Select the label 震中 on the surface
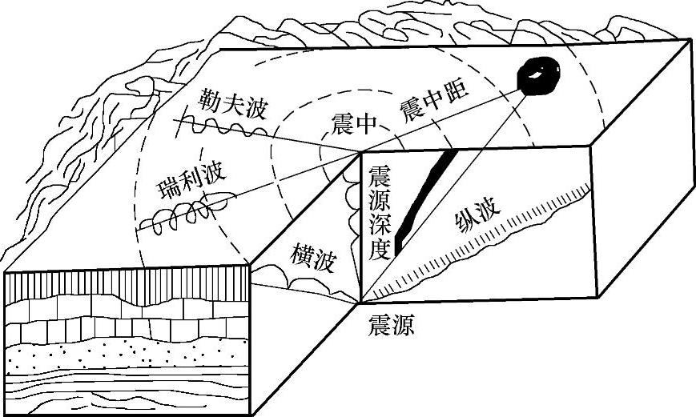tap(353, 124)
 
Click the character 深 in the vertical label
tap(377, 224)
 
